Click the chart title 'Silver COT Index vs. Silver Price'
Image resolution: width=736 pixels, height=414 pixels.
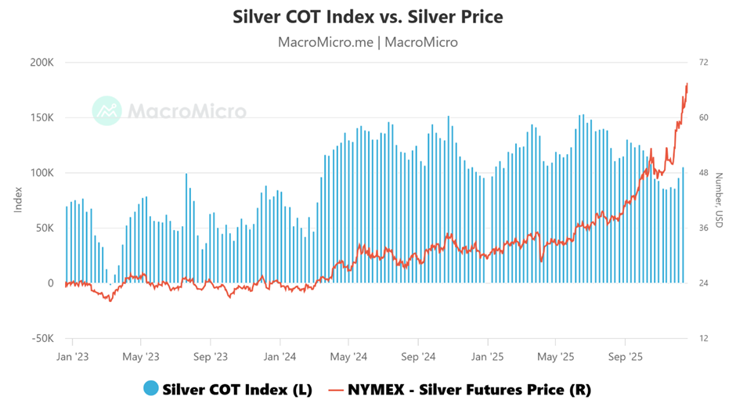click(x=368, y=16)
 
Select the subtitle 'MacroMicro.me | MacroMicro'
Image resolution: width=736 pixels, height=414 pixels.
click(x=368, y=42)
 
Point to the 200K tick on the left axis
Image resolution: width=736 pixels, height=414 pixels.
click(x=40, y=63)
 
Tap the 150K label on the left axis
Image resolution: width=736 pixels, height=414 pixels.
click(x=40, y=118)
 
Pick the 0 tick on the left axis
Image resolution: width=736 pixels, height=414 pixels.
click(x=50, y=283)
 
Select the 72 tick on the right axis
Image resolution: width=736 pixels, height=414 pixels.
click(x=703, y=63)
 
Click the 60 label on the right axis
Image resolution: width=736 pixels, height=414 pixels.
click(x=703, y=118)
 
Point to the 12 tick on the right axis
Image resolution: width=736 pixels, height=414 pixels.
click(x=703, y=339)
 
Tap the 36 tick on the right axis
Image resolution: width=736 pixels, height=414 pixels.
click(x=703, y=229)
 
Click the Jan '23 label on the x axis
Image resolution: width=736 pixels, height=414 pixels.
click(x=72, y=357)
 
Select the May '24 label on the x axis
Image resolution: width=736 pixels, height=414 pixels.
click(x=349, y=357)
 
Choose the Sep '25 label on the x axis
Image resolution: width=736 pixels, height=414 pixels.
click(x=625, y=357)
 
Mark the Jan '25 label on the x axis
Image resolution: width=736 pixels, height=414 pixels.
click(x=487, y=357)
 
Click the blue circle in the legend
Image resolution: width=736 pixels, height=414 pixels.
click(x=151, y=389)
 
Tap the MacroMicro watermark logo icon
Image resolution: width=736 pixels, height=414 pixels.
click(x=106, y=111)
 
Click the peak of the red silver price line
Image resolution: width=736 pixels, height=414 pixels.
click(x=687, y=84)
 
